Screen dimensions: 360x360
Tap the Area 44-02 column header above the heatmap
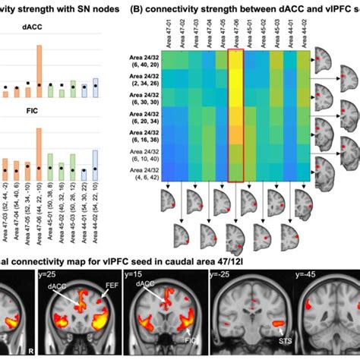pos(303,33)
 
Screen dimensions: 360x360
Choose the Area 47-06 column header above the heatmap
pos(238,33)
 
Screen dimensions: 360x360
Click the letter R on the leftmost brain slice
pos(29,352)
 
